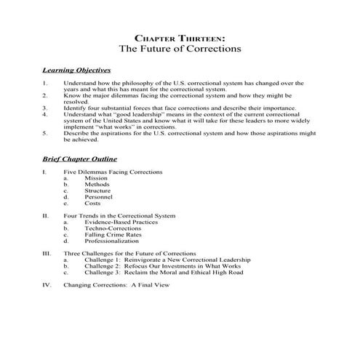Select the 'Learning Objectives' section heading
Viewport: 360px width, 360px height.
click(x=76, y=71)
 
